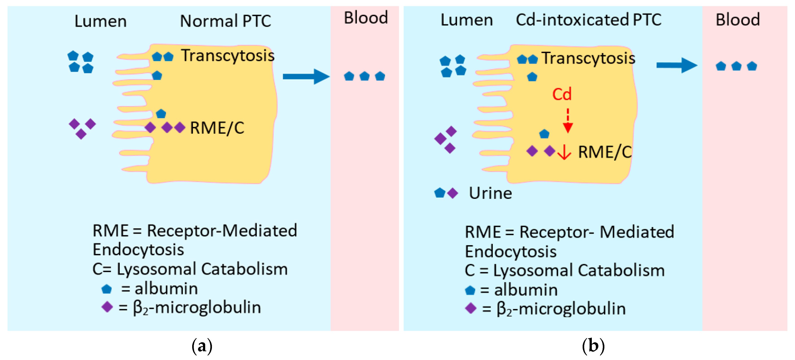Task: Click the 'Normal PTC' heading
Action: tap(225, 21)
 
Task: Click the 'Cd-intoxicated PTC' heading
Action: tap(588, 20)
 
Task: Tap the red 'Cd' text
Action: tap(562, 94)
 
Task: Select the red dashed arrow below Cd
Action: tap(568, 121)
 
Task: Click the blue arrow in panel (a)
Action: tap(305, 76)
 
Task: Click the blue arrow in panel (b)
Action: tap(677, 65)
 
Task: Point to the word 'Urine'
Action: tap(490, 193)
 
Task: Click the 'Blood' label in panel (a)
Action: tap(366, 18)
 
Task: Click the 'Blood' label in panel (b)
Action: tap(737, 20)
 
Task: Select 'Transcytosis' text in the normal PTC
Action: tap(228, 56)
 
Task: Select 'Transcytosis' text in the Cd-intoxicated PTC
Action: tap(588, 58)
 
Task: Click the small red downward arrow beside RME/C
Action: tap(564, 152)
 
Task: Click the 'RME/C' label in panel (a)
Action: tap(217, 128)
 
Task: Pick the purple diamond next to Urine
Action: tap(453, 193)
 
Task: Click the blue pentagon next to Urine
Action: tap(440, 193)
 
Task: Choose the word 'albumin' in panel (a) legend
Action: tap(166, 289)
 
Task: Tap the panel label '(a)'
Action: tap(202, 346)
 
